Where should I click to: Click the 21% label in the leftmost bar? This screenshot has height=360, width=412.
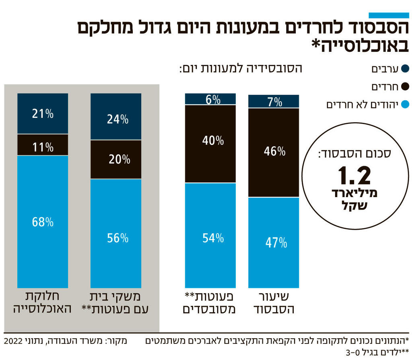[x=43, y=114]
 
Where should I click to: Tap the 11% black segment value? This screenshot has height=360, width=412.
[x=43, y=147]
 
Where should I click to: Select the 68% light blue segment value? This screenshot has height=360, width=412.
[x=43, y=222]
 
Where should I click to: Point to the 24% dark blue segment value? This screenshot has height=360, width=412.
[x=118, y=119]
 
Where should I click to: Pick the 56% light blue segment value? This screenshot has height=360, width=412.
[x=118, y=238]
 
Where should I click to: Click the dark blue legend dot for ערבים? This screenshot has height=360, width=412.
[x=405, y=69]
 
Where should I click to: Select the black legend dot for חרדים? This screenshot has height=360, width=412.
[x=405, y=86]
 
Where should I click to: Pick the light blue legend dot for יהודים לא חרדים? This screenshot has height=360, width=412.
[x=405, y=105]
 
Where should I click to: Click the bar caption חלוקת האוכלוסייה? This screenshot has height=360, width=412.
[x=43, y=303]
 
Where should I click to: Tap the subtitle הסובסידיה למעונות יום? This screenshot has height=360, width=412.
[x=241, y=68]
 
